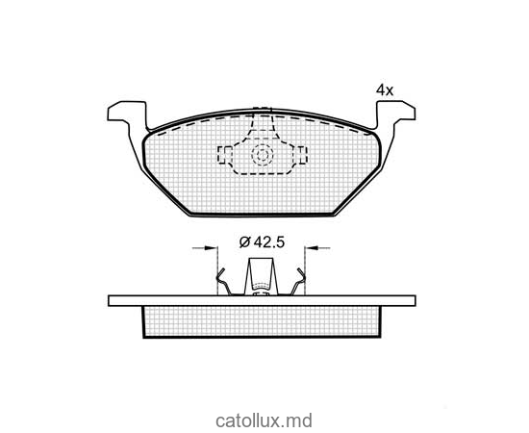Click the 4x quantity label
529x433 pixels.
[x=385, y=90]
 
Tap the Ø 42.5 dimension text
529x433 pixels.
[x=263, y=242]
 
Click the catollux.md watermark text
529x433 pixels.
[x=264, y=420]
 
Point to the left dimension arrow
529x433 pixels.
[x=205, y=248]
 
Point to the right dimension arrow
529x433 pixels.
[x=317, y=248]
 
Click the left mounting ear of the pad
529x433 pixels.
[x=128, y=113]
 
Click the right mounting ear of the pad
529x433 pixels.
[x=395, y=113]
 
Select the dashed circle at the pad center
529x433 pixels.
[x=263, y=155]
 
